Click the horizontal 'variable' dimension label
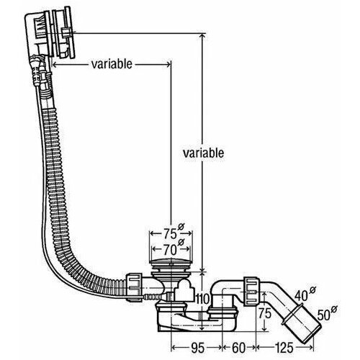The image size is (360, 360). point(112,64)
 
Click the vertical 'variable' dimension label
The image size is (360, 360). point(203,153)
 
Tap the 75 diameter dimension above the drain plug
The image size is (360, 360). point(170,234)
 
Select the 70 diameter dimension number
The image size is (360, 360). point(170,250)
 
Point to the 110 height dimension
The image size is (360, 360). point(203,299)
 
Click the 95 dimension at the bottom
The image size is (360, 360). point(198,348)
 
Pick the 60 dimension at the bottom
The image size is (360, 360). point(239,348)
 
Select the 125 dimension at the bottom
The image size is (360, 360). point(284,348)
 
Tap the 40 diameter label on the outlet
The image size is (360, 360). point(301,296)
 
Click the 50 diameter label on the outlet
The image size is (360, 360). point(324,315)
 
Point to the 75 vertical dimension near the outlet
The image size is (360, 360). point(265,313)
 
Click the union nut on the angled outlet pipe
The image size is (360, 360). point(251,292)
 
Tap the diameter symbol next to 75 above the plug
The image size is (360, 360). point(181,226)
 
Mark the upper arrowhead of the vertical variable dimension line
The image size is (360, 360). point(203,36)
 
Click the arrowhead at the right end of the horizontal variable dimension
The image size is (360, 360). point(168,64)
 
